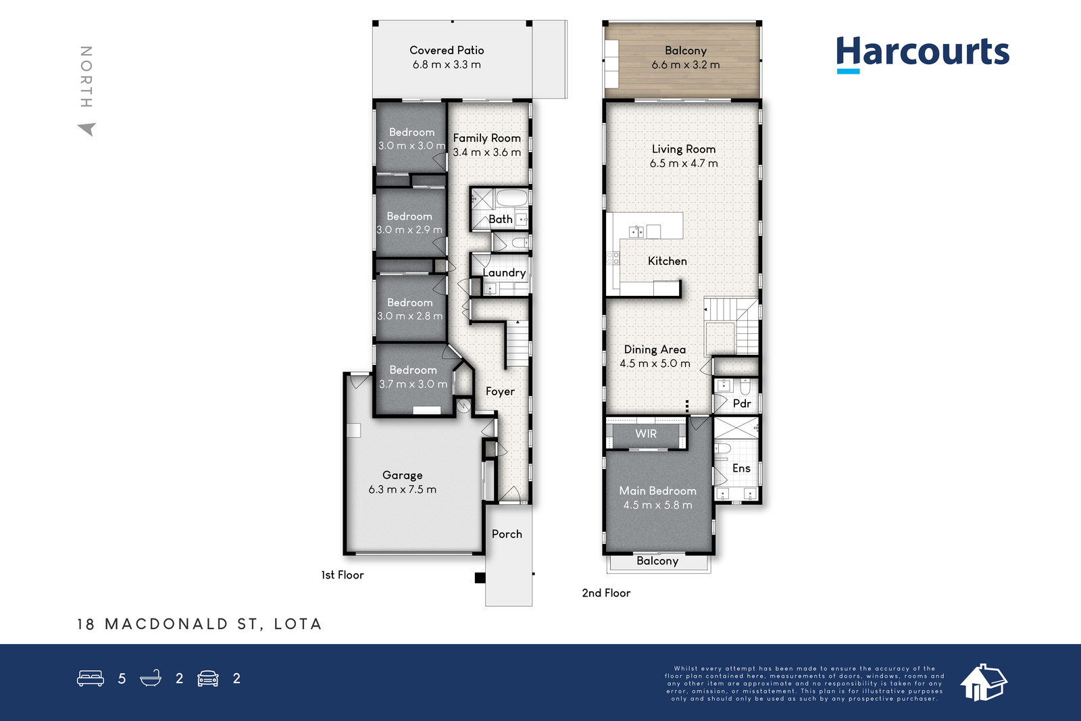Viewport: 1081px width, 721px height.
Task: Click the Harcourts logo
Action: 923,55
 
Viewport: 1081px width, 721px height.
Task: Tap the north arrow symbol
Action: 87,129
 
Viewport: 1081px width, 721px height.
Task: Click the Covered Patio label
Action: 447,50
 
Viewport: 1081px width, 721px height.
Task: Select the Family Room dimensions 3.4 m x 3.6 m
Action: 486,152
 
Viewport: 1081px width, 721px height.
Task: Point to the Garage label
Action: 402,475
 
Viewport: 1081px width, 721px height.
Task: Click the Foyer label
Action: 500,391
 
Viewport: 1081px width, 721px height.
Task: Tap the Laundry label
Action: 504,273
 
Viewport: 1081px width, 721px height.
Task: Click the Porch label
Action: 507,534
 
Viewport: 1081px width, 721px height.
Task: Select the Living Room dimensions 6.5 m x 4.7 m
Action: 683,163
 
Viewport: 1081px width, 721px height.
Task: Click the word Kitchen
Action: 667,261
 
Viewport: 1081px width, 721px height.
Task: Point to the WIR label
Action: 646,433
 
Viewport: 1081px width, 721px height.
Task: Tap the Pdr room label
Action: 742,403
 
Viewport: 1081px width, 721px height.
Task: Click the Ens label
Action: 741,468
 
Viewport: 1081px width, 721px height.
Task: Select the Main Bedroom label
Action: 657,491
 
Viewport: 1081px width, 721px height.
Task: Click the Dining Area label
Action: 655,349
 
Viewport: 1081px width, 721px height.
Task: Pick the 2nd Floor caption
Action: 606,593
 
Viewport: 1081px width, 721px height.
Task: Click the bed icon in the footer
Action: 91,678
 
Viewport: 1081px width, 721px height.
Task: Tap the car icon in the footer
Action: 208,678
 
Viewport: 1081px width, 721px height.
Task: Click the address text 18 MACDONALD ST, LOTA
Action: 199,624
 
